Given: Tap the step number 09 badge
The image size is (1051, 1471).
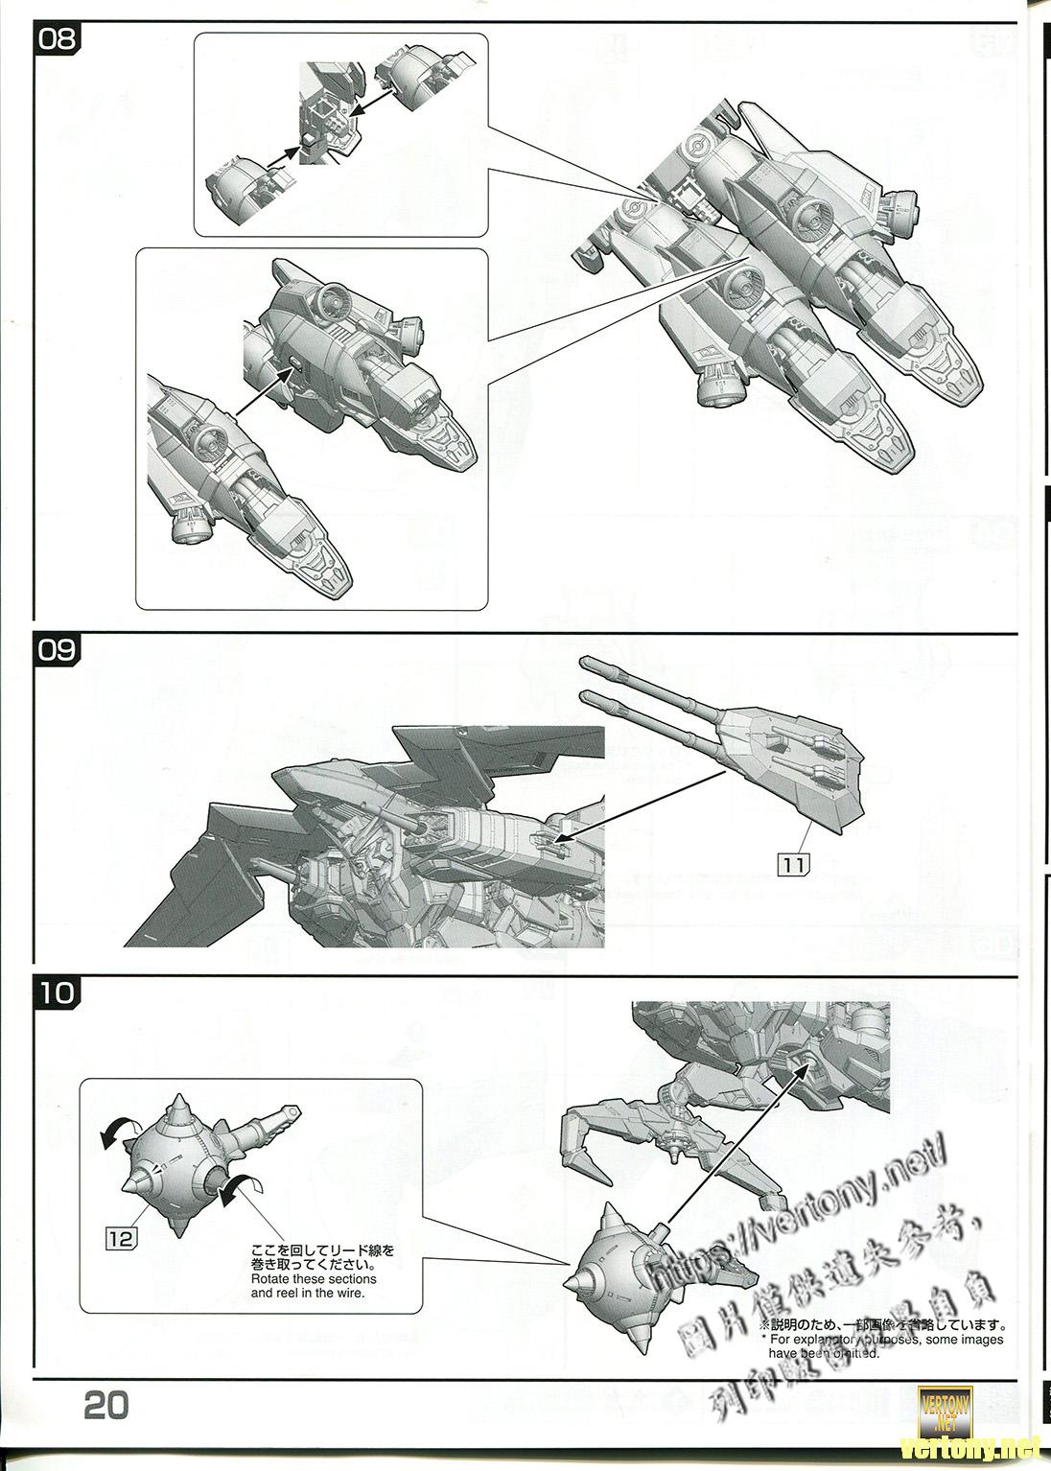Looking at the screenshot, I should tap(56, 649).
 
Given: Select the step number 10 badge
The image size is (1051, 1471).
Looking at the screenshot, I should tap(57, 991).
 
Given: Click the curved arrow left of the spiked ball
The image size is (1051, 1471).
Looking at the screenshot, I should tap(119, 1135).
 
